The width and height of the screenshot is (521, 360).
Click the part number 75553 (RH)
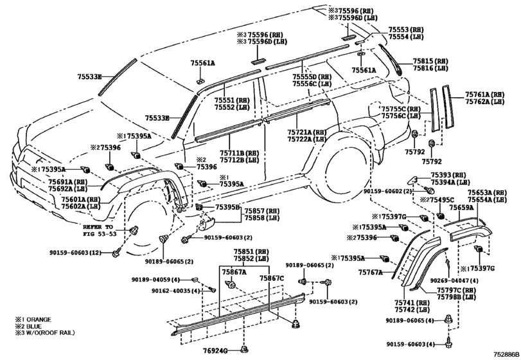click(407, 31)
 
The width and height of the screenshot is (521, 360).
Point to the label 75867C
click(272, 278)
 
